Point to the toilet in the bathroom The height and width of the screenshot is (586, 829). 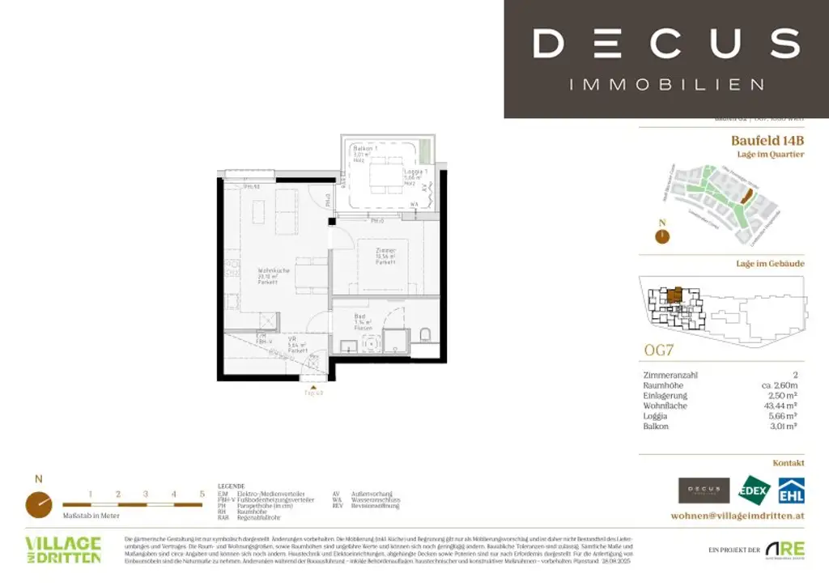(x=425, y=333)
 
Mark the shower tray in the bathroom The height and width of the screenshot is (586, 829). (x=396, y=341)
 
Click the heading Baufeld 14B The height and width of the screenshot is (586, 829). (x=767, y=140)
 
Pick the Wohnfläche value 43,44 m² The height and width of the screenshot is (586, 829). (x=782, y=406)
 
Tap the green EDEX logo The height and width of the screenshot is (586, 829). (x=753, y=490)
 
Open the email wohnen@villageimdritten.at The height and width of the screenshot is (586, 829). (x=738, y=516)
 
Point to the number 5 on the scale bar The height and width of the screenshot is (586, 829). (x=202, y=494)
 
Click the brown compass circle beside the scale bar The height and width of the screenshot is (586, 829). (x=38, y=504)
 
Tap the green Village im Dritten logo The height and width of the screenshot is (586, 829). (x=63, y=550)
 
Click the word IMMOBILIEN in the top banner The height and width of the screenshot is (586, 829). (x=666, y=84)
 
